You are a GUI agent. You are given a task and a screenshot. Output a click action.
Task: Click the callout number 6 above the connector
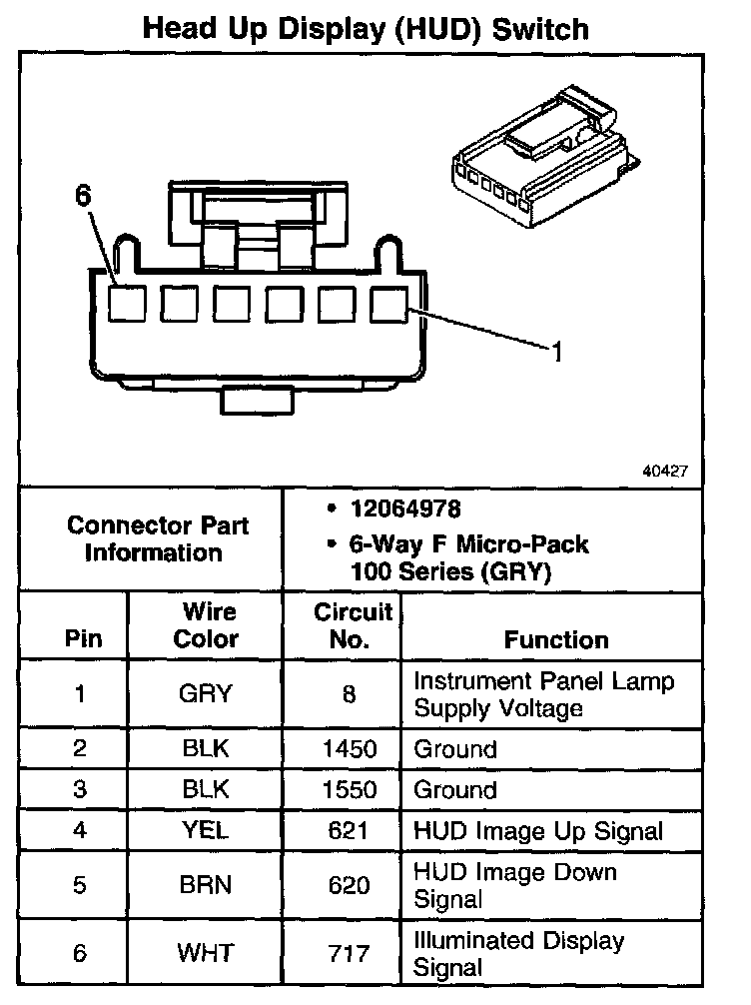83,197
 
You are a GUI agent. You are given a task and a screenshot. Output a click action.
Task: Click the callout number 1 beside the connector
557,351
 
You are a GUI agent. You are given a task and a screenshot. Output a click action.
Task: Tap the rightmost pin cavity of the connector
388,304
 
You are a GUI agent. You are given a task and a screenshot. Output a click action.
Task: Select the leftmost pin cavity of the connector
127,304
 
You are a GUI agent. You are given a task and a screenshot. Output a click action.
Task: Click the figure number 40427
664,470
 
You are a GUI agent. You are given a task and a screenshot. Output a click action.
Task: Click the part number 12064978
405,509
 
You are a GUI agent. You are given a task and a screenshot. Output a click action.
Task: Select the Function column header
556,639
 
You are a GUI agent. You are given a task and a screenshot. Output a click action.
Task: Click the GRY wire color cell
206,694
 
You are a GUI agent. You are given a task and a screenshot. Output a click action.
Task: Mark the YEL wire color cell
206,830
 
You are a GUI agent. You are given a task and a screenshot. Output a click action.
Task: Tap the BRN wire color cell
206,884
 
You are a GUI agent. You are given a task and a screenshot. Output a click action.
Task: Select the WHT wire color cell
206,952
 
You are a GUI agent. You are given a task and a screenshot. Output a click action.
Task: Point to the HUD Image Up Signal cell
537,830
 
